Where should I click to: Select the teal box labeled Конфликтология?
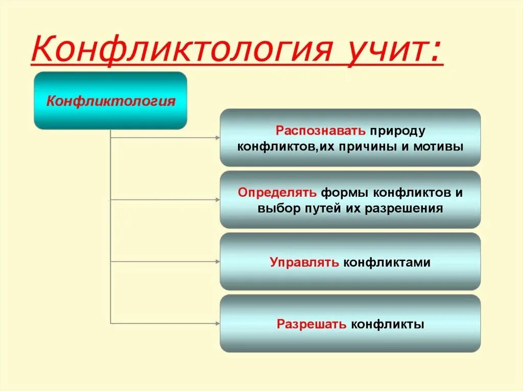(110, 100)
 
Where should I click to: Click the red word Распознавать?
(321, 130)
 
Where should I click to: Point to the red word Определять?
(277, 193)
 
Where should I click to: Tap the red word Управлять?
(304, 263)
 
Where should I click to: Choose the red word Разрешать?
(312, 324)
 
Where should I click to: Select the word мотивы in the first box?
(441, 147)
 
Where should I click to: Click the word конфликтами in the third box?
(387, 263)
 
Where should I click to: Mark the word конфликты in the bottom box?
(388, 324)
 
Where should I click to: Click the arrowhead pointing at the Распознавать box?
(217, 138)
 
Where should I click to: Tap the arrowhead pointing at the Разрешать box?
(217, 323)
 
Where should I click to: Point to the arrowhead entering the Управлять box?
(217, 262)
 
